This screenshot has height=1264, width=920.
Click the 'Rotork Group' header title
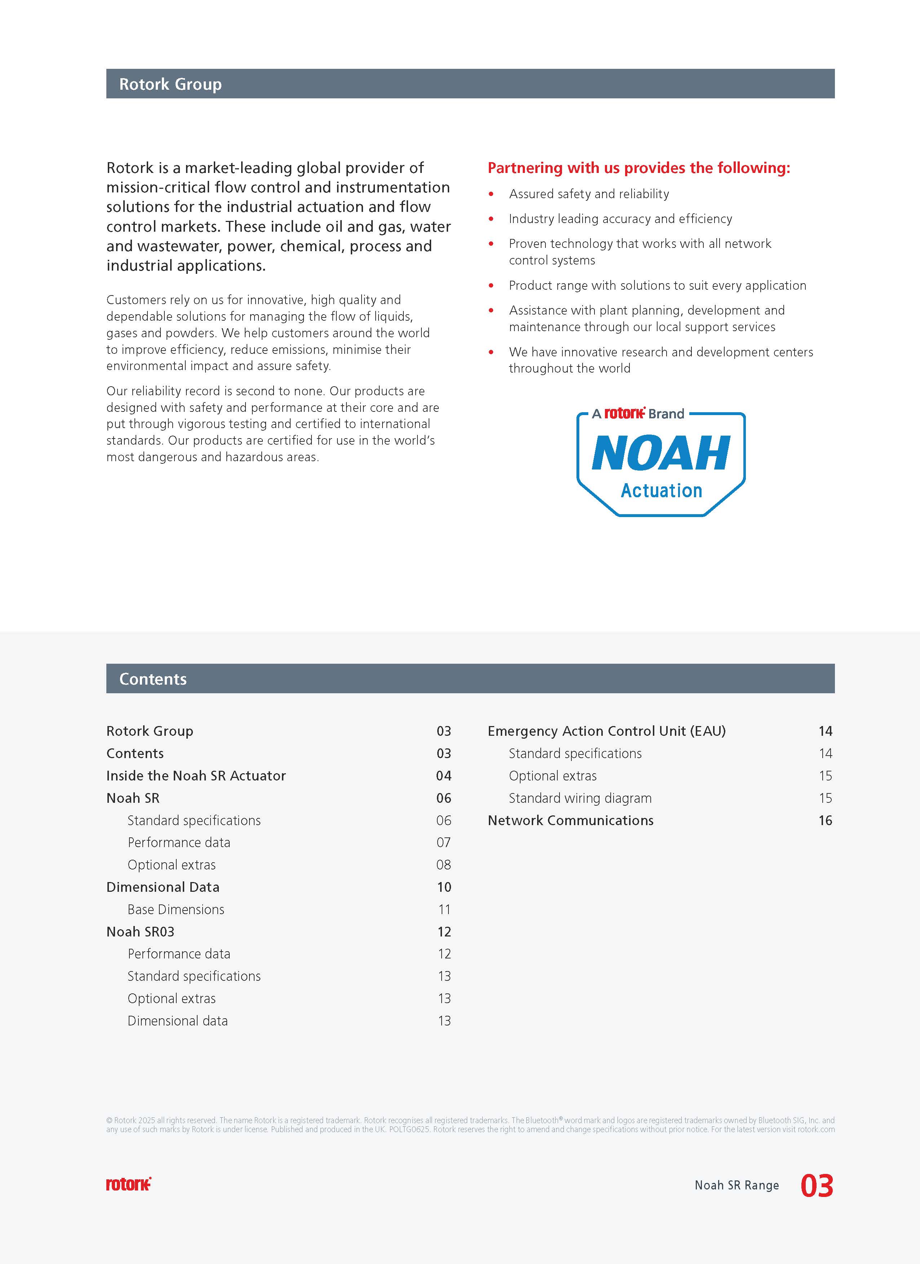[170, 84]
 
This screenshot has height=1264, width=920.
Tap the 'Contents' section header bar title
[153, 679]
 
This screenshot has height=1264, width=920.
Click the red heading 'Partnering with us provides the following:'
[638, 168]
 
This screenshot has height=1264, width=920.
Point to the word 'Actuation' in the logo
[661, 490]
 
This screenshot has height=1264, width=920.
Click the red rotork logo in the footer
[129, 1184]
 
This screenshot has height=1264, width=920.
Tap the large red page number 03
[817, 1185]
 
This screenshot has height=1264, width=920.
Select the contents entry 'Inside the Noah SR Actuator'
[196, 776]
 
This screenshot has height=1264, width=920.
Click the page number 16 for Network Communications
[825, 820]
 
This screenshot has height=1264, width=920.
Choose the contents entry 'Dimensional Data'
[163, 887]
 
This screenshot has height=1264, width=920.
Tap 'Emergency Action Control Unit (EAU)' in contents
[607, 731]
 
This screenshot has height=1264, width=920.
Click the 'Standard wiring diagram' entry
[580, 798]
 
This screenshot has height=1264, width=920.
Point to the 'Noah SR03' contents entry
[141, 932]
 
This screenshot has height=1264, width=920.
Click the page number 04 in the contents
[444, 776]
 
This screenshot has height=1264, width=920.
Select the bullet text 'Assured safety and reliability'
[589, 194]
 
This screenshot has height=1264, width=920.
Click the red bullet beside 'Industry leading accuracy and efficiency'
[491, 219]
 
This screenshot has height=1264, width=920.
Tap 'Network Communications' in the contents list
[570, 820]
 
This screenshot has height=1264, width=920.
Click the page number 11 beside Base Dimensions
[444, 909]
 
